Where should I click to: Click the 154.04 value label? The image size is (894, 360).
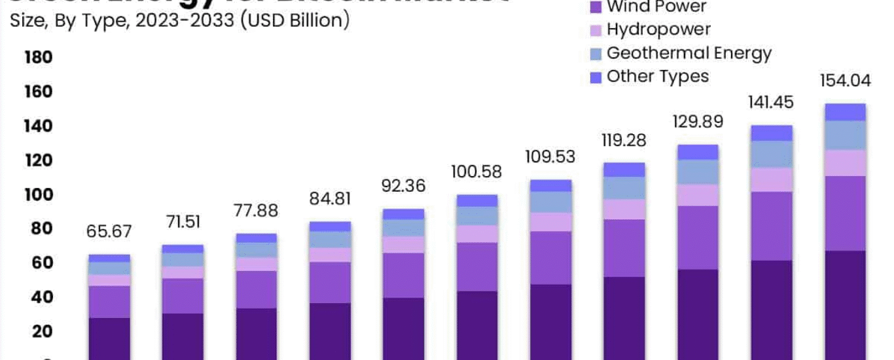point(845,81)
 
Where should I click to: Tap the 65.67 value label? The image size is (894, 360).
point(109,232)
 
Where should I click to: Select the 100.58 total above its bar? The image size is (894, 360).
point(476,172)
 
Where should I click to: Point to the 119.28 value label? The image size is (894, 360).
point(624,141)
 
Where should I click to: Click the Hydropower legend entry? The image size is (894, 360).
point(658,29)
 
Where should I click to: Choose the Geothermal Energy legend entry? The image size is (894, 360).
point(688,53)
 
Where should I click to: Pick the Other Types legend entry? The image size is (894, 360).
point(657,77)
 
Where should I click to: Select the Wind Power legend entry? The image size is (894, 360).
point(656,8)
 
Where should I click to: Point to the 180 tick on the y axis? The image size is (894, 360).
point(38,58)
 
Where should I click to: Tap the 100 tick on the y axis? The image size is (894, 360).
point(38,195)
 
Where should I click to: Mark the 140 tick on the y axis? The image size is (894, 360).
point(38,126)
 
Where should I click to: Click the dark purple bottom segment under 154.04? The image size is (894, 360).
point(845,305)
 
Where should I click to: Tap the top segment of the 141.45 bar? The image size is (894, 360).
point(771,133)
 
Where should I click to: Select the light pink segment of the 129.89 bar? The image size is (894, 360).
point(698,195)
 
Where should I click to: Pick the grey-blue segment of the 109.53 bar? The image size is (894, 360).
point(550,202)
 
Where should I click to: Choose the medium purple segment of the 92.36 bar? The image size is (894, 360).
point(404,276)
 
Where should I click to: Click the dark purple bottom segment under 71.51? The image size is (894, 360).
point(183,336)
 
